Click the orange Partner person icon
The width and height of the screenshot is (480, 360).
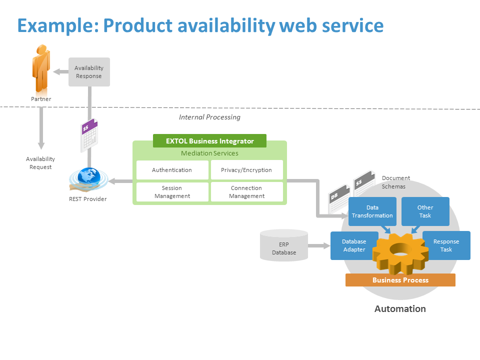[41, 68]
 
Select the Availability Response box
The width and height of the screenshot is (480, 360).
[89, 72]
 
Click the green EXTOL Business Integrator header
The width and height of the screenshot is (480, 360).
[209, 141]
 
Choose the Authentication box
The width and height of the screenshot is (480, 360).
[172, 170]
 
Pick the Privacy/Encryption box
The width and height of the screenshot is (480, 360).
[246, 170]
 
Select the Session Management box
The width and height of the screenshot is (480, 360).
[172, 192]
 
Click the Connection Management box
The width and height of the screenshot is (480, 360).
[246, 192]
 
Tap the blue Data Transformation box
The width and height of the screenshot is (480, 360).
[372, 211]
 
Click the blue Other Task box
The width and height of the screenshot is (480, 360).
[425, 211]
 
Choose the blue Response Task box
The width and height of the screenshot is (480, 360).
[446, 245]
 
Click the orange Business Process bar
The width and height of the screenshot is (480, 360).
[400, 280]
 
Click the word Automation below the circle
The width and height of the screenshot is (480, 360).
[400, 308]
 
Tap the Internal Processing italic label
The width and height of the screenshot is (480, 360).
[209, 117]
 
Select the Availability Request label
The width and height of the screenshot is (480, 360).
[40, 163]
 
